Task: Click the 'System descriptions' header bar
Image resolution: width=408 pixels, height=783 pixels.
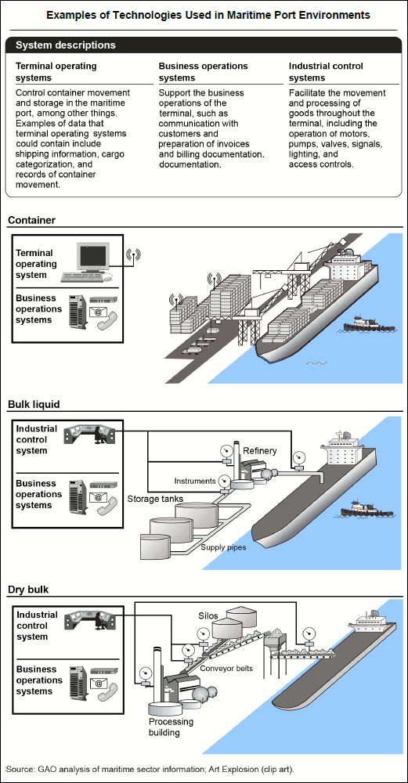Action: [204, 45]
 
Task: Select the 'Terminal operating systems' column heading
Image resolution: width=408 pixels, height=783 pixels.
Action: [56, 71]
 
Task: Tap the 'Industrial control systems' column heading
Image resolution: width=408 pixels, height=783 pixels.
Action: [326, 71]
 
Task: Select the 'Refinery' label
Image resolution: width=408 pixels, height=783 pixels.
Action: [260, 451]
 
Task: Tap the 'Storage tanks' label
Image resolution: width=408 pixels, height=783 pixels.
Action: [155, 498]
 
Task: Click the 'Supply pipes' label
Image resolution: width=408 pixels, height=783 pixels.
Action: [224, 547]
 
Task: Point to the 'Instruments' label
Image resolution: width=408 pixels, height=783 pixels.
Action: [195, 481]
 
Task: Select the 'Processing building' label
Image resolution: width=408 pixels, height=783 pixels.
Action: [171, 727]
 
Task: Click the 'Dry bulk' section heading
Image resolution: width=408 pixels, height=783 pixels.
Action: [28, 590]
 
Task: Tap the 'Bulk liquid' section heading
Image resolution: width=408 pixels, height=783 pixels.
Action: [34, 404]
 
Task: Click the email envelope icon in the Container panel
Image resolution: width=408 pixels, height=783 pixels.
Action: [99, 312]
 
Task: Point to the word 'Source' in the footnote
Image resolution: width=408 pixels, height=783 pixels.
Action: [20, 768]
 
